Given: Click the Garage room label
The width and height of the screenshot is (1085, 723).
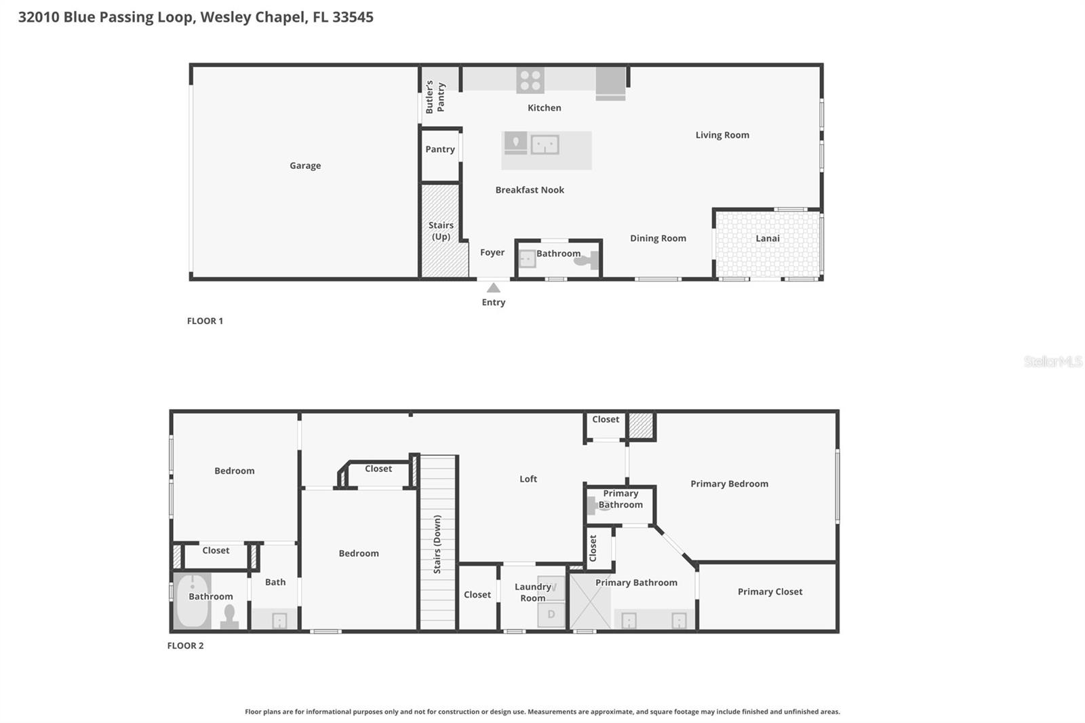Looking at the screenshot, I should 305,165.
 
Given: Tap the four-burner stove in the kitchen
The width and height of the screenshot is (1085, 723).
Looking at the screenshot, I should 530,81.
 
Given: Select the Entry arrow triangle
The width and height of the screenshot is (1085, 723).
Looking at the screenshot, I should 494,288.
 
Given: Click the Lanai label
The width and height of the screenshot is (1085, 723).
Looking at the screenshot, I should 768,238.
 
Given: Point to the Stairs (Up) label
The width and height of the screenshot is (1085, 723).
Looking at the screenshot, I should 441,231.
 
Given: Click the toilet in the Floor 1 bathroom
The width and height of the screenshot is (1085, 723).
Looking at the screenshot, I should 587,260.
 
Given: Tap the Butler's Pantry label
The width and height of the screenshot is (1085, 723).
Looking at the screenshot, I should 435,97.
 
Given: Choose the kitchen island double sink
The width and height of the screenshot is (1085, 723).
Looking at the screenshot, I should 545,144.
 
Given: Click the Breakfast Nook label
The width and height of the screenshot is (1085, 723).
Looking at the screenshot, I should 530,190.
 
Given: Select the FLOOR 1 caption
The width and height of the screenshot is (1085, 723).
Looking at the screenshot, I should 205,321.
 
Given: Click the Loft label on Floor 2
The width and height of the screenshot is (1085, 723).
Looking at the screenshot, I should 528,479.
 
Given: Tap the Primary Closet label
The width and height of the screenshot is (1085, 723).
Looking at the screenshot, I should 770,591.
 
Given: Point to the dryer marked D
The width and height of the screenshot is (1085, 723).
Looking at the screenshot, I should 551,614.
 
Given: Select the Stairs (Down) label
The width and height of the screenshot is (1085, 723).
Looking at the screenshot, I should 437,544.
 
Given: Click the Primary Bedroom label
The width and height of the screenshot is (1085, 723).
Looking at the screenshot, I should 729,484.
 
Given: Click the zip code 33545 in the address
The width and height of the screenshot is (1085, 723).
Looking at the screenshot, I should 353,17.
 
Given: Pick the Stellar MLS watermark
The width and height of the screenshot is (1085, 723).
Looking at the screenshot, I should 1052,361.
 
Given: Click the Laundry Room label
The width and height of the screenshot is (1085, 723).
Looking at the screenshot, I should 533,592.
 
